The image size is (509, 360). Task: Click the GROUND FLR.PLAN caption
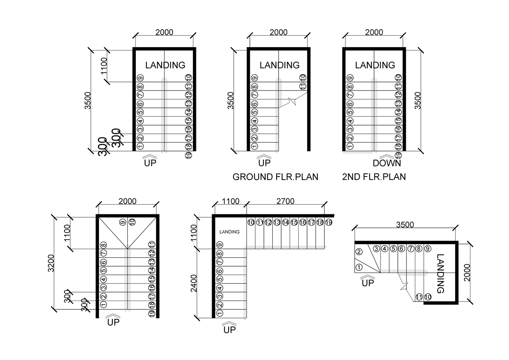click(275, 177)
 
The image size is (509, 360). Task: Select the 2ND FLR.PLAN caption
click(374, 177)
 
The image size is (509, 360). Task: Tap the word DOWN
click(387, 163)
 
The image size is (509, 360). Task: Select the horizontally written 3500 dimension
click(405, 225)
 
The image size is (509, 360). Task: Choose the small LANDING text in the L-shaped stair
click(229, 232)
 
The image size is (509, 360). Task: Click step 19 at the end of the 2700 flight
click(329, 222)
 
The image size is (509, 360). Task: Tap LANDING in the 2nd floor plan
click(375, 65)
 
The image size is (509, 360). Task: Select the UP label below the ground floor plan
click(264, 163)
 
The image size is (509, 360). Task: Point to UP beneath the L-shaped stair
click(229, 330)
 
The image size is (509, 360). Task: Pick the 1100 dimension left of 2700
click(229, 202)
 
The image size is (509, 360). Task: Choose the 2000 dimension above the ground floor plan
click(278, 32)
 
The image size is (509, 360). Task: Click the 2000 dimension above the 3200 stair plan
click(128, 201)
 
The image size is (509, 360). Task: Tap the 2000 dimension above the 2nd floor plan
click(374, 32)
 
